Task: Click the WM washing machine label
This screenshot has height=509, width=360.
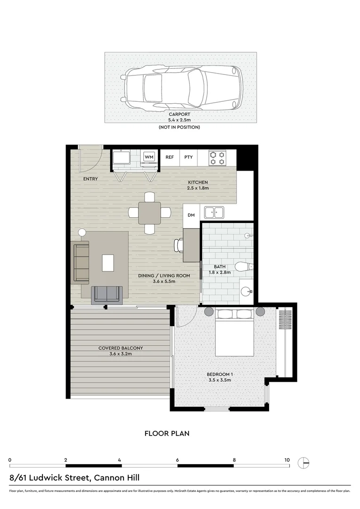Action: [149, 157]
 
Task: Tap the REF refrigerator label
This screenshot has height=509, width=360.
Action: [170, 157]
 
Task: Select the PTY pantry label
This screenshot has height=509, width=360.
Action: [188, 157]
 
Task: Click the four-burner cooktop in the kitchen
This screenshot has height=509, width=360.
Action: [217, 157]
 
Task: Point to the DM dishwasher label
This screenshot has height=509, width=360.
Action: [191, 215]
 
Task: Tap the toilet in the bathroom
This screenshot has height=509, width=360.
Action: [244, 267]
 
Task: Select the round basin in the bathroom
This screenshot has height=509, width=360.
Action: [245, 291]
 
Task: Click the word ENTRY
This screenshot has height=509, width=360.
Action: [90, 179]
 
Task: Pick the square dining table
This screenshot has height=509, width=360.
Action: [149, 213]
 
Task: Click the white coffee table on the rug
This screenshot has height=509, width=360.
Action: [108, 262]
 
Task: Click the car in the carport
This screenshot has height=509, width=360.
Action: [181, 88]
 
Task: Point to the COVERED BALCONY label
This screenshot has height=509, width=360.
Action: [121, 348]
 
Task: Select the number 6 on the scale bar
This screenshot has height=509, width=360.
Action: [178, 460]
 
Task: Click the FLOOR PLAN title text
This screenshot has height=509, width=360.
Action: [167, 433]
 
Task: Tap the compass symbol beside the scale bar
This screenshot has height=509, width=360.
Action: [305, 463]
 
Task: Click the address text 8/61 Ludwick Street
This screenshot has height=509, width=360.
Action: [74, 478]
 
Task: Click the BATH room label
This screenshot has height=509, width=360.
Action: [220, 267]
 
